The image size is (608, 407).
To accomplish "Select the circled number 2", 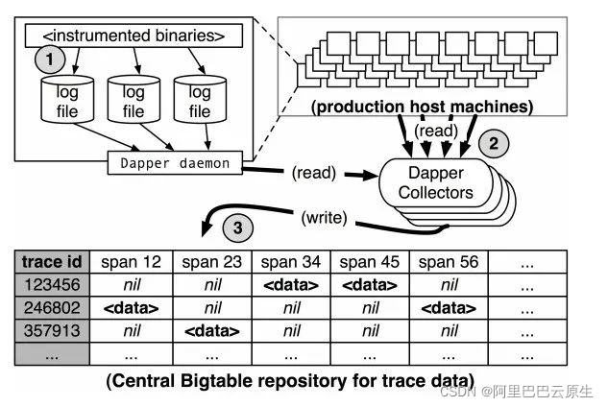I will (x=493, y=146).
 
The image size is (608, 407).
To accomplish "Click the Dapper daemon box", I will (x=176, y=163).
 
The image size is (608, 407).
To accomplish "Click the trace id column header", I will (x=53, y=262).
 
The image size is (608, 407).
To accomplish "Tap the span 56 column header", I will (x=450, y=262).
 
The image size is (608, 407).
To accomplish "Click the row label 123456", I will (x=53, y=284).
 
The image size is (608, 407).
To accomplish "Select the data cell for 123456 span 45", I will (x=370, y=284).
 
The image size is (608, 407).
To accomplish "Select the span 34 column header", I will (x=290, y=262).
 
